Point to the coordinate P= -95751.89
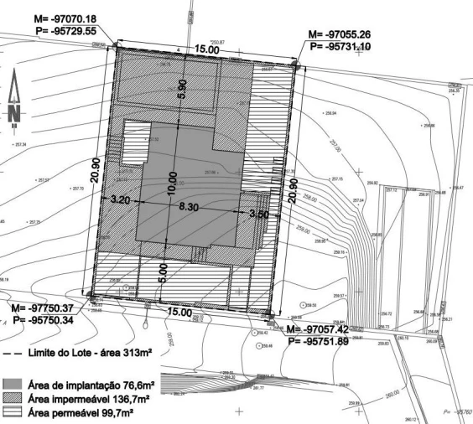(325, 342)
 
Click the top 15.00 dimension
(207, 50)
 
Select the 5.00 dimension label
(165, 273)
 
